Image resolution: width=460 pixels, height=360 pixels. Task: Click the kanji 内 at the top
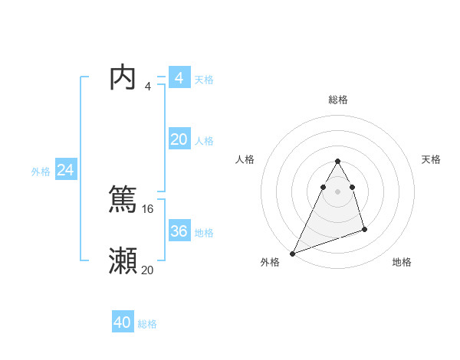[x=123, y=77]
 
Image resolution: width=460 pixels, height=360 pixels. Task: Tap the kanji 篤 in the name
[x=123, y=199]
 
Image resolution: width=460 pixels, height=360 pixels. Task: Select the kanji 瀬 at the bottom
[x=123, y=260]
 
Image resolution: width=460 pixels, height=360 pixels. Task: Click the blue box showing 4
[x=179, y=78]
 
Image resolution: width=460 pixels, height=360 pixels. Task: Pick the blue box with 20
[x=179, y=139]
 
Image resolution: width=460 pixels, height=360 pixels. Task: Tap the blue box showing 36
[x=179, y=231]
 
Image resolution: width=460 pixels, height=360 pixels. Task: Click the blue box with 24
[x=66, y=170]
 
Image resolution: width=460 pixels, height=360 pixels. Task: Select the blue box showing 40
[x=123, y=322]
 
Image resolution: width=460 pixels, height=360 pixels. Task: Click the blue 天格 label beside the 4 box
[x=204, y=80]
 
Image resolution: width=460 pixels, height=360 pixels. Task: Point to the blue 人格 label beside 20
[x=204, y=141]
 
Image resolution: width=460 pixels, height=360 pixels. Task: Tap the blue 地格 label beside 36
[x=204, y=233]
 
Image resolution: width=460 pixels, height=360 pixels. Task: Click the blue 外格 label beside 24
[x=41, y=172]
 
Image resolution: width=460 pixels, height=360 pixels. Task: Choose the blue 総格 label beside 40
[x=148, y=324]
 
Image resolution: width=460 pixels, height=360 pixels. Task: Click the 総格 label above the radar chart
[x=338, y=100]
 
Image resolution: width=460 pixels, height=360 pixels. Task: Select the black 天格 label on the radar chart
[x=431, y=159]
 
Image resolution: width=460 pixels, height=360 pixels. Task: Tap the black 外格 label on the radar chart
[x=270, y=262]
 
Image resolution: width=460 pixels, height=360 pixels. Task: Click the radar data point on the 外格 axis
[x=293, y=253]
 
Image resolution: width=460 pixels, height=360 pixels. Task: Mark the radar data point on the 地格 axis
[x=365, y=229]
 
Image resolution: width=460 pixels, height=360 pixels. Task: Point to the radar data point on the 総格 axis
[x=337, y=161]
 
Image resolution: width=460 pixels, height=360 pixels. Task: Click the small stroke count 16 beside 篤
[x=148, y=208]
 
